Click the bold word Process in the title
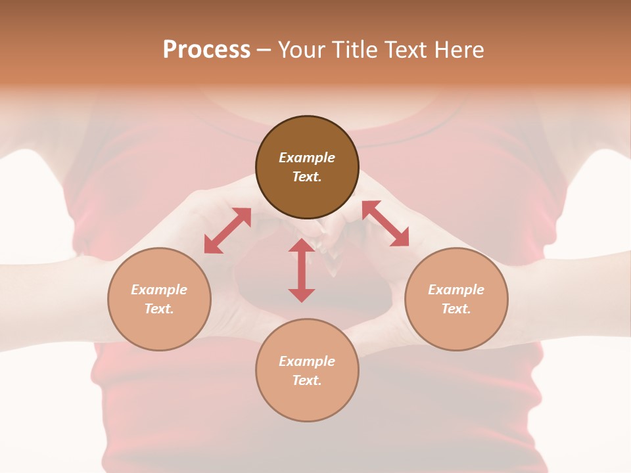(206, 50)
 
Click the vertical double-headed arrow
(302, 271)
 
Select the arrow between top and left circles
(227, 231)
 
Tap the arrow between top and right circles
(385, 223)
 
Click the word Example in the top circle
(307, 158)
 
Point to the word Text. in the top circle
(307, 177)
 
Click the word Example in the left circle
(159, 290)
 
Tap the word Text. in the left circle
(159, 309)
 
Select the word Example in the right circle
(456, 290)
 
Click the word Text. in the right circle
(456, 309)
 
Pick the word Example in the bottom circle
(307, 361)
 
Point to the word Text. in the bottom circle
(307, 380)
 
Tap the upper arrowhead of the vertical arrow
(302, 246)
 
